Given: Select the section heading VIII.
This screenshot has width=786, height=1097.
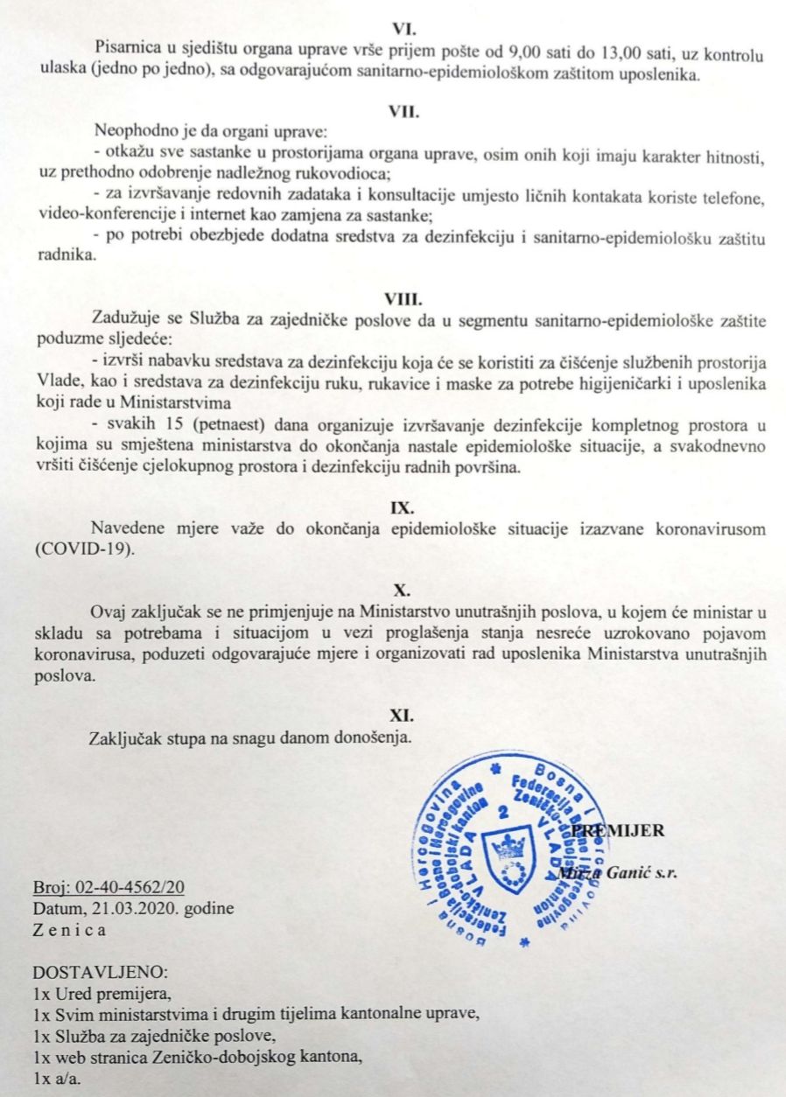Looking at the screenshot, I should click(x=404, y=298).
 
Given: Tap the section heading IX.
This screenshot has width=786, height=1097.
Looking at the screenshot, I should click(x=404, y=507).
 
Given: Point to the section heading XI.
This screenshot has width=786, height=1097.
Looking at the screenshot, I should click(x=404, y=715).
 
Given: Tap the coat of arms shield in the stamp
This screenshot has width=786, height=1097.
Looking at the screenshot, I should click(x=506, y=852).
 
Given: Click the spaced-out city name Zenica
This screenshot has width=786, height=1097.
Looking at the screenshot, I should click(x=69, y=929).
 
